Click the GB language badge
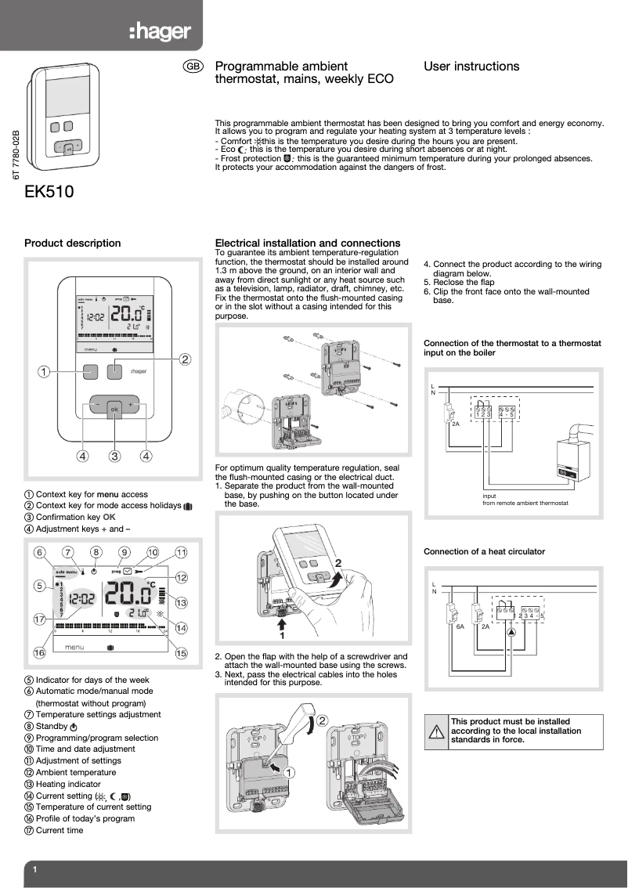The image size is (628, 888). [x=193, y=67]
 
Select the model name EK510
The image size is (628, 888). [x=50, y=191]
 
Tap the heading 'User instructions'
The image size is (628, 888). [x=471, y=67]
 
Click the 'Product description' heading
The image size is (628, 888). [x=73, y=243]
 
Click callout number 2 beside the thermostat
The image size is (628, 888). [x=185, y=359]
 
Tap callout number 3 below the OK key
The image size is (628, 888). [x=114, y=456]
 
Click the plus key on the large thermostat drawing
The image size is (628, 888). [x=131, y=405]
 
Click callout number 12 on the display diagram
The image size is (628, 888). [x=182, y=577]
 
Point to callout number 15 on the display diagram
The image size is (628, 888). [x=182, y=653]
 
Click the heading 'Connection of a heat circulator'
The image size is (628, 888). [x=484, y=551]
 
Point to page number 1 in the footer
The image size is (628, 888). [x=35, y=870]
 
